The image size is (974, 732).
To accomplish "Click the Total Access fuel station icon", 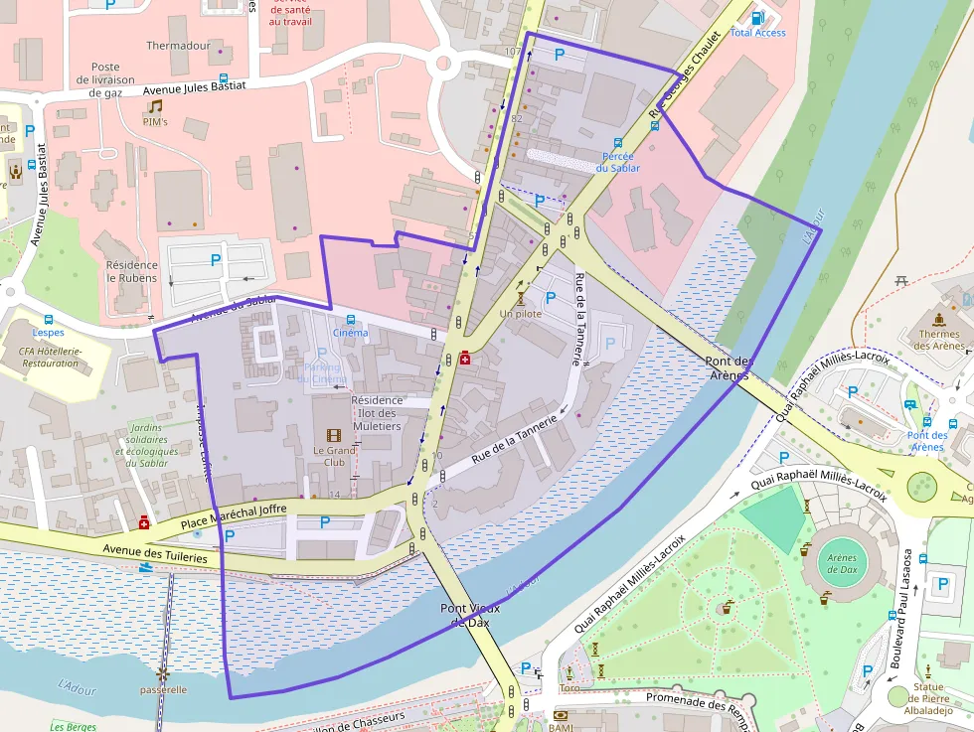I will pyautogui.click(x=758, y=18).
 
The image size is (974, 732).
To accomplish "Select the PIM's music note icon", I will pyautogui.click(x=155, y=105).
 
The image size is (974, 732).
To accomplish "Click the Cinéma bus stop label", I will pyautogui.click(x=350, y=333).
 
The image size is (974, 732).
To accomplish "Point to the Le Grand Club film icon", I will pyautogui.click(x=333, y=436).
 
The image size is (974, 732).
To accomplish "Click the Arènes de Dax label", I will pyautogui.click(x=842, y=564).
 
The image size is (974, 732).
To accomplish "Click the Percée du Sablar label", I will pyautogui.click(x=618, y=162).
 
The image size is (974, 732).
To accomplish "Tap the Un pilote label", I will pyautogui.click(x=521, y=314).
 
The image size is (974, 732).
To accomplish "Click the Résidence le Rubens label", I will pyautogui.click(x=132, y=271).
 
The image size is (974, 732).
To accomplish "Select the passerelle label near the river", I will pyautogui.click(x=163, y=689).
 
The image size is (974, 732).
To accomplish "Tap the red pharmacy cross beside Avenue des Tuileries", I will pyautogui.click(x=144, y=521).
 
